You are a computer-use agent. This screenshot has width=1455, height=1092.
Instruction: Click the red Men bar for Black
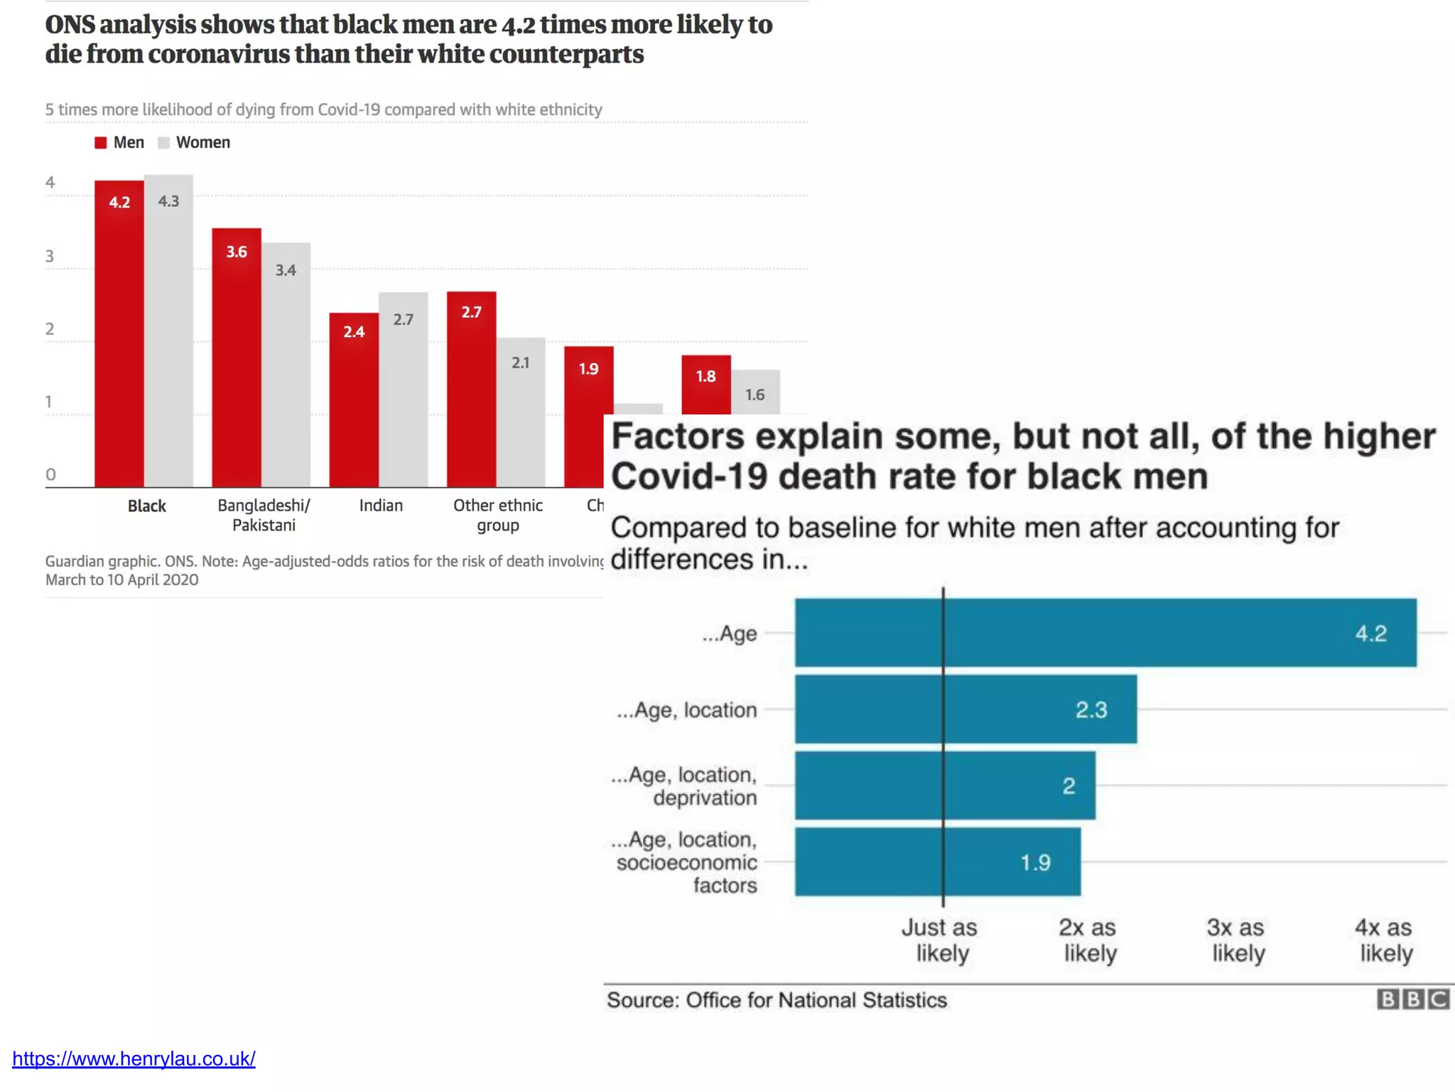pos(119,334)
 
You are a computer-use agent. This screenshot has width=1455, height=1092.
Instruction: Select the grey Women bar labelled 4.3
pos(168,331)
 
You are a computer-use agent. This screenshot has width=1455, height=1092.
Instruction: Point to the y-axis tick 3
pos(50,256)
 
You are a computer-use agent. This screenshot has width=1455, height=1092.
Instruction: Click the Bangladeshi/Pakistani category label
pos(264,515)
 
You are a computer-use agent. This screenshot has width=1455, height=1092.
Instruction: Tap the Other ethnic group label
pos(498,515)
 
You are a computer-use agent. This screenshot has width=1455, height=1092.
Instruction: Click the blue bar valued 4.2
pos(1105,633)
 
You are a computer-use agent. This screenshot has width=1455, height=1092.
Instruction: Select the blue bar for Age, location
pos(966,709)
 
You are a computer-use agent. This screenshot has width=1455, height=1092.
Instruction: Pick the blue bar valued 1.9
pos(938,862)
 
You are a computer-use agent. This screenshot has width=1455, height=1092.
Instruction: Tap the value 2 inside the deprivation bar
pos(1069,786)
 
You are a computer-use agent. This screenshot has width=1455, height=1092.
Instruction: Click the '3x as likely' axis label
pos(1237,940)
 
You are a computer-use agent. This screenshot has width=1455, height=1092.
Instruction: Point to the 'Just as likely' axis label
pos(941,940)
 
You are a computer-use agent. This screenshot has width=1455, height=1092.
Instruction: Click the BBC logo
pos(1413,1000)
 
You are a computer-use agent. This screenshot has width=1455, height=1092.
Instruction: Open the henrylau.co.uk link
pos(134,1059)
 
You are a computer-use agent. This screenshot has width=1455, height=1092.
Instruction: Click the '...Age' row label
pos(730,633)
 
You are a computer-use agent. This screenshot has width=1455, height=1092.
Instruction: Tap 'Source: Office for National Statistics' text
pos(777,1000)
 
